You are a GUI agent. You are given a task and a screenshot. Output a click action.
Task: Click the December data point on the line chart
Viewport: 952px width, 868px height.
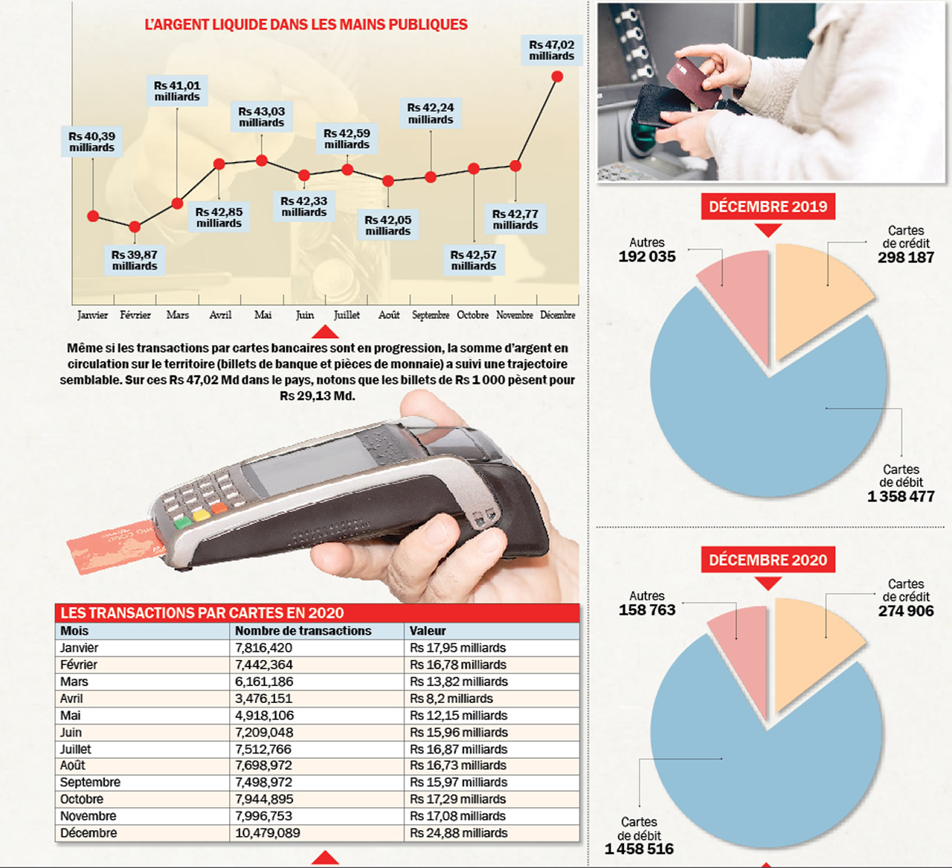click(x=557, y=77)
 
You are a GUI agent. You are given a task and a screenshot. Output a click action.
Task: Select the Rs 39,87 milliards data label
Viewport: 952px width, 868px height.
click(x=135, y=260)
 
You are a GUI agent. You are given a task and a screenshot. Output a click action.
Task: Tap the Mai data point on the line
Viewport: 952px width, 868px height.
click(x=262, y=161)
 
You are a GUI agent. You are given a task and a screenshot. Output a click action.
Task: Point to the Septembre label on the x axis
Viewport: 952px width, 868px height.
click(x=431, y=315)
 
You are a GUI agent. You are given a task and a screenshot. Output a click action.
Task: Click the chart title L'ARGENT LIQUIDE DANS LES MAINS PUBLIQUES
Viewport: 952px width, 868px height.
click(x=306, y=25)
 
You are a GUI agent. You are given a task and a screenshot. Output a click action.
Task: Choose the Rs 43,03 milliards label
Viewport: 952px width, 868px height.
click(x=262, y=117)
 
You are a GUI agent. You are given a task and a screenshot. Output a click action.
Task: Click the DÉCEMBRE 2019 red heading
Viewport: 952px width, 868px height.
click(x=768, y=207)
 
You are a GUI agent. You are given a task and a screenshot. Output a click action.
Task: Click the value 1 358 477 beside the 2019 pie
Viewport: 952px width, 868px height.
click(x=901, y=496)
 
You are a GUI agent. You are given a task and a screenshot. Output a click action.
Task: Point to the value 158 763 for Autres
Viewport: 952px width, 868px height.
click(x=647, y=610)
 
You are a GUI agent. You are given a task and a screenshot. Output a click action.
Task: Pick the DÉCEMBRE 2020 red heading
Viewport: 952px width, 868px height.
click(x=768, y=560)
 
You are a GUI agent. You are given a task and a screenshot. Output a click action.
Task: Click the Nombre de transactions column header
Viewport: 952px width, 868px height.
click(x=303, y=631)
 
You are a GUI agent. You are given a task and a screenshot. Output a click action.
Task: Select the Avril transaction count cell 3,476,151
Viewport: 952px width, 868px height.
click(x=263, y=699)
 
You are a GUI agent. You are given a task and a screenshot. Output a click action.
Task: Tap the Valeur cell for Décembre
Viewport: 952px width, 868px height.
click(x=458, y=833)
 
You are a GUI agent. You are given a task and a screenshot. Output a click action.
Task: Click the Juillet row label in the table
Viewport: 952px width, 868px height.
click(x=76, y=749)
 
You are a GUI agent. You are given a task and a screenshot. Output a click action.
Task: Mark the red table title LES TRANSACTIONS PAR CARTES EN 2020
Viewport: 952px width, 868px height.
click(x=202, y=613)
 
